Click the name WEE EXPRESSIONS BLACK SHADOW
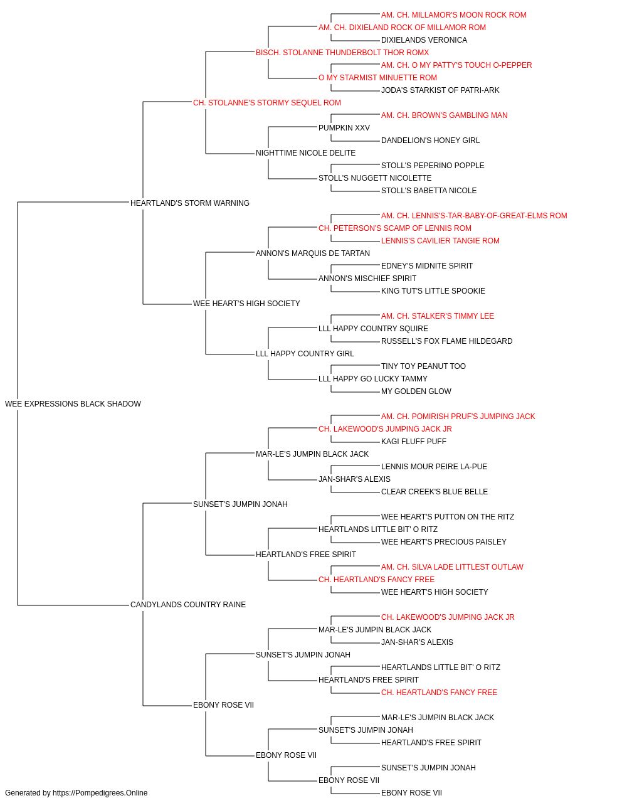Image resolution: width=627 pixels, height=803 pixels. tap(73, 404)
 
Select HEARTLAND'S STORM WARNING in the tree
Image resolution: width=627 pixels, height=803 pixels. tap(190, 203)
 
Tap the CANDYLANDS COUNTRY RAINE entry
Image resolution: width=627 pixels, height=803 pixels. tap(188, 605)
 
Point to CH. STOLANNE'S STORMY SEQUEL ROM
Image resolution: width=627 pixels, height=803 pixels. tap(267, 103)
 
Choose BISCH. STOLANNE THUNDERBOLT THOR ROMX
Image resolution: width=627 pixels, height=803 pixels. tap(342, 53)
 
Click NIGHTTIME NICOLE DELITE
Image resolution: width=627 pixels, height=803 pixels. tap(306, 153)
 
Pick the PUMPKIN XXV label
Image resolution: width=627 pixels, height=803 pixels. tap(344, 128)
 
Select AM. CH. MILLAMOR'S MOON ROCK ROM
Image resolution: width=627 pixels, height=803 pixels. tap(454, 15)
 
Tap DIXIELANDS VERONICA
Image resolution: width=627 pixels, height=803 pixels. tap(424, 40)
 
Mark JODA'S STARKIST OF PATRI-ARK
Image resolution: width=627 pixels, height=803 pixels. tap(440, 90)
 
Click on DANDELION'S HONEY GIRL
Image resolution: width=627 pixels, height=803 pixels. tap(431, 141)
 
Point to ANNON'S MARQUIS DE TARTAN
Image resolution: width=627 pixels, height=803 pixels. tap(313, 253)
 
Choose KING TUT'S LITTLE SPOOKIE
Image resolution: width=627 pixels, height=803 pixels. tap(433, 291)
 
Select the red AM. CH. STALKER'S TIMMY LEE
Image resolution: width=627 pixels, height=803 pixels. tap(438, 316)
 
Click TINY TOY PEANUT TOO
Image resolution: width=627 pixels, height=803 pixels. tap(424, 366)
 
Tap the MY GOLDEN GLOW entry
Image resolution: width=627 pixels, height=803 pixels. tap(416, 391)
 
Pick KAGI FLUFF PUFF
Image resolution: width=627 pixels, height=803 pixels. tap(414, 442)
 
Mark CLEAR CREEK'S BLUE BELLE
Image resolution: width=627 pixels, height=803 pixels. tap(435, 491)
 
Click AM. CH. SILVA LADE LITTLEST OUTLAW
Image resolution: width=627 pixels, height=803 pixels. tap(452, 567)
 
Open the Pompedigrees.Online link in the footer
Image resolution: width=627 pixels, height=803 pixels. tap(100, 793)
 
